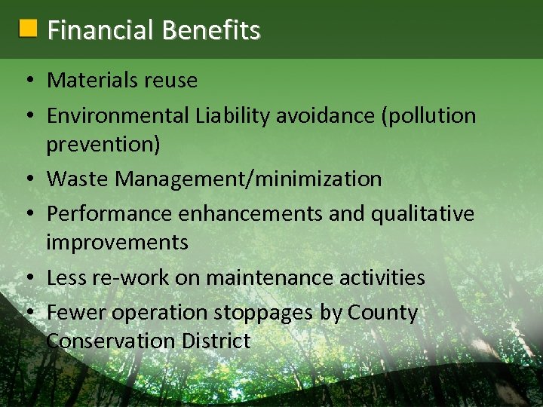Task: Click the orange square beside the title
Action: tap(28, 29)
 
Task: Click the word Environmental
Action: tap(118, 115)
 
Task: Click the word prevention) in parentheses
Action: tap(103, 144)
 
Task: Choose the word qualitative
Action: tap(422, 214)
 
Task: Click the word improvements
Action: tap(117, 242)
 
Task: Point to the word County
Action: tap(382, 313)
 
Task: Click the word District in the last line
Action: tap(216, 341)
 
